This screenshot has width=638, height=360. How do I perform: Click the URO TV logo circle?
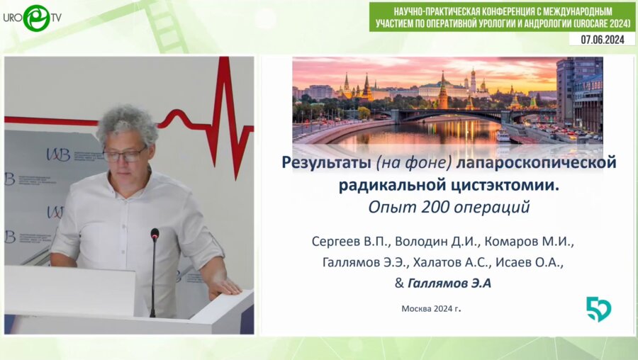pos(36,18)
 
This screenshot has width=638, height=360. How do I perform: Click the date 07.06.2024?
pos(601,40)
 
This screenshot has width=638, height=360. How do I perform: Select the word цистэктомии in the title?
pos(511,186)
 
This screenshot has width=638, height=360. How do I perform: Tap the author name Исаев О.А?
pos(525,263)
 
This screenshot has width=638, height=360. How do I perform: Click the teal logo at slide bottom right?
pos(598,309)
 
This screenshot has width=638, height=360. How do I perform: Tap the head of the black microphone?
pos(155,235)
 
